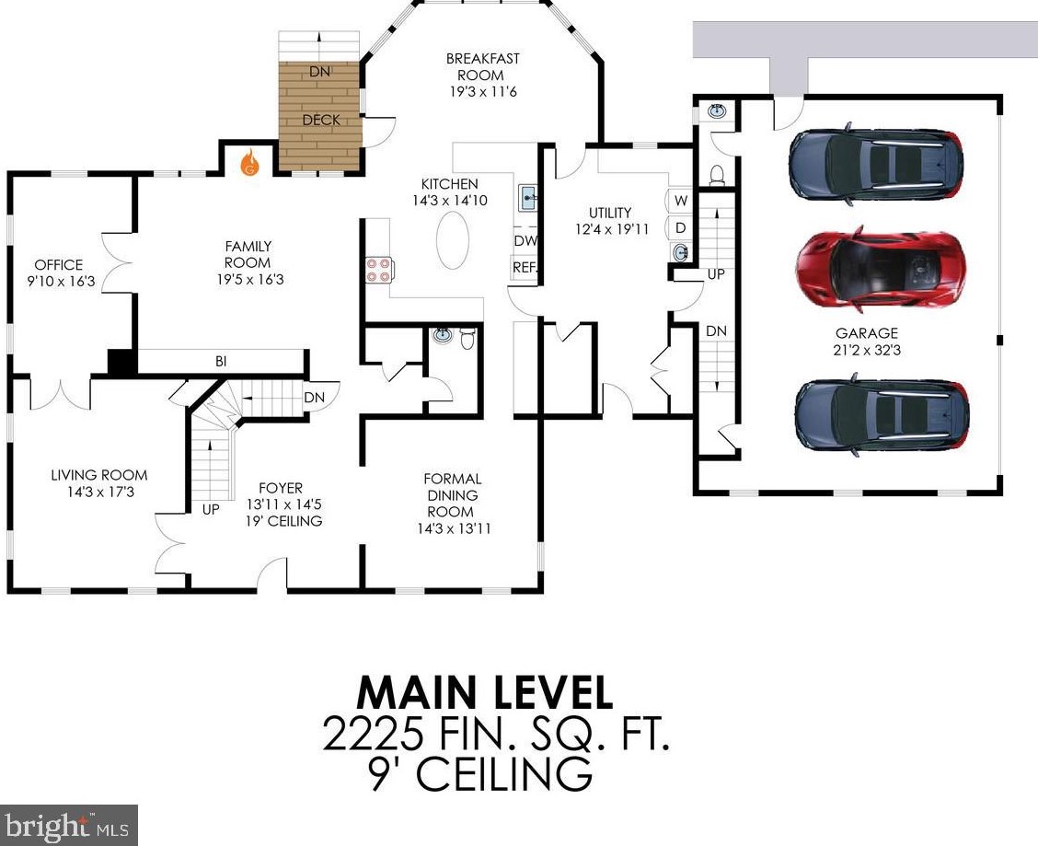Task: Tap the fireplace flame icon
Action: click(249, 162)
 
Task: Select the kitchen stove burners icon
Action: click(378, 270)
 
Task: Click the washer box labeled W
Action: click(681, 200)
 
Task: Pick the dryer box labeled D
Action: click(681, 228)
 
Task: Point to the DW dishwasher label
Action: click(525, 241)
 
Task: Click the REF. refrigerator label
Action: click(525, 268)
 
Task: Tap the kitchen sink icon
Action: click(528, 197)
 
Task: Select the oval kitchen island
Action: click(453, 240)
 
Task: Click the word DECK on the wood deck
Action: click(321, 120)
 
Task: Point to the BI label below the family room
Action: click(221, 362)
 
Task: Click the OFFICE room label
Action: click(59, 264)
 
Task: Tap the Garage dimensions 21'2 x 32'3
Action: click(867, 350)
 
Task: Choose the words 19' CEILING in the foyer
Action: click(284, 521)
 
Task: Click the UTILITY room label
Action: click(610, 213)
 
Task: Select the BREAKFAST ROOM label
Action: click(482, 67)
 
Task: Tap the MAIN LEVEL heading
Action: click(485, 692)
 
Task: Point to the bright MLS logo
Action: click(69, 826)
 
